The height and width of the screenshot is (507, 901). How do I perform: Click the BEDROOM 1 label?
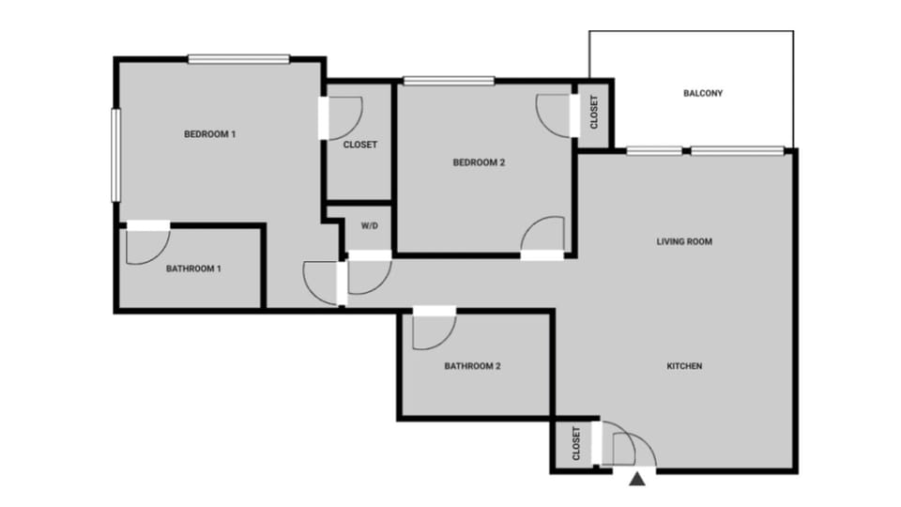tap(209, 134)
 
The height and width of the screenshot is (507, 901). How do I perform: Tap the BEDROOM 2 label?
tap(480, 162)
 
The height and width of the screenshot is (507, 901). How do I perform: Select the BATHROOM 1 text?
tap(193, 269)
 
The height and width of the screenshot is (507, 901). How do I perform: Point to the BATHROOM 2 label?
tap(472, 366)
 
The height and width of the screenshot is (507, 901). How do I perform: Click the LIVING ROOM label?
tap(684, 241)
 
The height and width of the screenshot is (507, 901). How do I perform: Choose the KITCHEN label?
tap(684, 366)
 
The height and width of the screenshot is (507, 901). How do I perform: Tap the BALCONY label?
tap(703, 93)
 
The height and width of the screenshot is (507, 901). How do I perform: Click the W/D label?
tap(369, 225)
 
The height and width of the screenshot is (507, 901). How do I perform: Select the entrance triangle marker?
tap(638, 481)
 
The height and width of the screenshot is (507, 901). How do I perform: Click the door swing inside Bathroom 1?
tap(145, 246)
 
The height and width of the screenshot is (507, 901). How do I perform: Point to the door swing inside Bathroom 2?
tap(433, 330)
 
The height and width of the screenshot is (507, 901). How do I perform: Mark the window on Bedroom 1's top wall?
tap(238, 59)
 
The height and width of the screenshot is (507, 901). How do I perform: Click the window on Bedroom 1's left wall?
tap(115, 155)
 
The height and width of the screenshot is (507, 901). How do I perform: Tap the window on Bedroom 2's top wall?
tap(449, 81)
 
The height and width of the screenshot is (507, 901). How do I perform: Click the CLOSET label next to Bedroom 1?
tap(360, 145)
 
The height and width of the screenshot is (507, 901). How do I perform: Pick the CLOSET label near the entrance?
tap(575, 444)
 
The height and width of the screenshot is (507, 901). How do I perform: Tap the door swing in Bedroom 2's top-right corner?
tap(554, 113)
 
